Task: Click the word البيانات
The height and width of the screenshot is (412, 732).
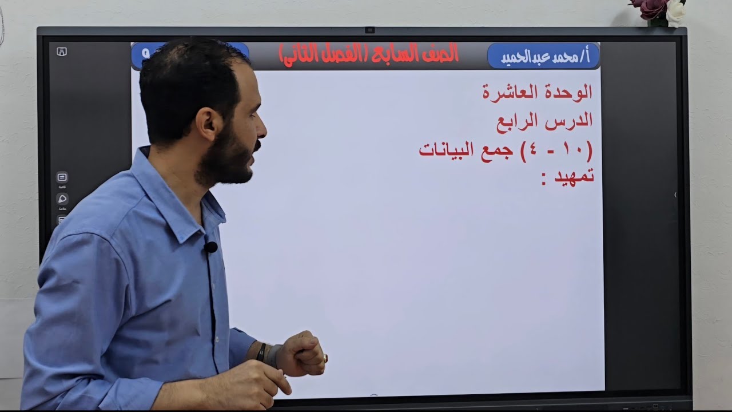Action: coord(444,150)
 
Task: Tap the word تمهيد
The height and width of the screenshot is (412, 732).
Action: coord(572,176)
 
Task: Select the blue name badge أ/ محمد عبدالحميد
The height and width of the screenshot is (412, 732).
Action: coord(543,57)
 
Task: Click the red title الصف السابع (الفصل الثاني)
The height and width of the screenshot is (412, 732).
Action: coord(369,54)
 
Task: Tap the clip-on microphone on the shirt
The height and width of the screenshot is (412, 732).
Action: coord(211,247)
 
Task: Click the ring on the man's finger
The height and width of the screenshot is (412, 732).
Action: coord(325,358)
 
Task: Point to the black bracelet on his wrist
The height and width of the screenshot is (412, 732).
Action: coord(261,351)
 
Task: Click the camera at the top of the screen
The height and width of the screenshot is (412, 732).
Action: coord(370,30)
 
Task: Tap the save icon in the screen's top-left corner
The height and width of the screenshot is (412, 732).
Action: coord(62,51)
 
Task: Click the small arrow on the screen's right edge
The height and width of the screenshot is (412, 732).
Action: coord(675,195)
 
